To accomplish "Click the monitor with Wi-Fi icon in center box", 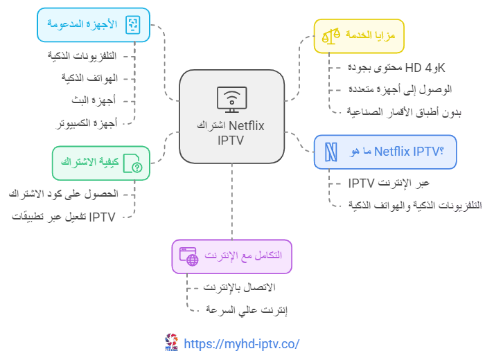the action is [232, 100].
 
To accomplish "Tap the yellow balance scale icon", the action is [330, 36].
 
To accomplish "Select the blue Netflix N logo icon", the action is [330, 152].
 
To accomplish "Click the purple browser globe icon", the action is [188, 257].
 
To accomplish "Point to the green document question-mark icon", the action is [132, 163].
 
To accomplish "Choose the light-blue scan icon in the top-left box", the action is [132, 25].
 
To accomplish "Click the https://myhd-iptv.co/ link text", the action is [241, 343].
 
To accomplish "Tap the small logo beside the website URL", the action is [171, 342].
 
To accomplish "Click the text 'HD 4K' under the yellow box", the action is [425, 68].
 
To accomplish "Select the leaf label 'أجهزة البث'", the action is [94, 100].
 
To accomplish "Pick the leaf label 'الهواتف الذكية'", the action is [89, 78].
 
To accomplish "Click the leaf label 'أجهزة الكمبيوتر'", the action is [87, 123].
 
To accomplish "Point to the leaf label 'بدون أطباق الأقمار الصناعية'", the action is [404, 112].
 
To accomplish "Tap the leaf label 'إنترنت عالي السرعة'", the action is [247, 310].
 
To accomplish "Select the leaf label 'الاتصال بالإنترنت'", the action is [240, 287].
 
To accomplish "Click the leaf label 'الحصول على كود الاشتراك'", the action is [63, 194].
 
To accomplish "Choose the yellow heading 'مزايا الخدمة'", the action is [370, 35].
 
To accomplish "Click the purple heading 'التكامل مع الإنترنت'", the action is [243, 255].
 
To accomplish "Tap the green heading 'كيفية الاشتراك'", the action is [90, 162].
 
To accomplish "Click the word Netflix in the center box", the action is [247, 126].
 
